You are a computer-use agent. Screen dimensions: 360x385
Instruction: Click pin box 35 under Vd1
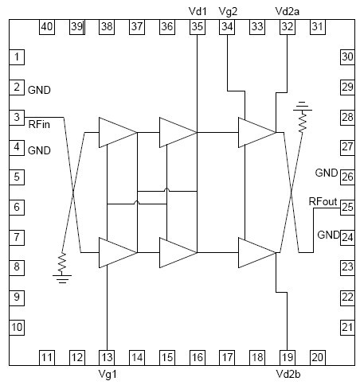[198, 27]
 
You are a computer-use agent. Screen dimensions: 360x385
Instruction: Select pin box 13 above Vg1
[107, 358]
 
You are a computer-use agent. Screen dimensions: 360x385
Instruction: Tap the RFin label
[39, 124]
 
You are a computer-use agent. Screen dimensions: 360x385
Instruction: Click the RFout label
[323, 201]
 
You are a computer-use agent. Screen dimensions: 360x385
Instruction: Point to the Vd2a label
[288, 11]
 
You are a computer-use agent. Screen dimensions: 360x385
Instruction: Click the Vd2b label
[288, 374]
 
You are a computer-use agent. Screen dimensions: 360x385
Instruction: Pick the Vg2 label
[228, 11]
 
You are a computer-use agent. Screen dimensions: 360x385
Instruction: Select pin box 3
[17, 118]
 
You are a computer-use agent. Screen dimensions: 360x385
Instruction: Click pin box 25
[347, 207]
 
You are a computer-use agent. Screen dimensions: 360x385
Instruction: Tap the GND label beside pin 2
[39, 90]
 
